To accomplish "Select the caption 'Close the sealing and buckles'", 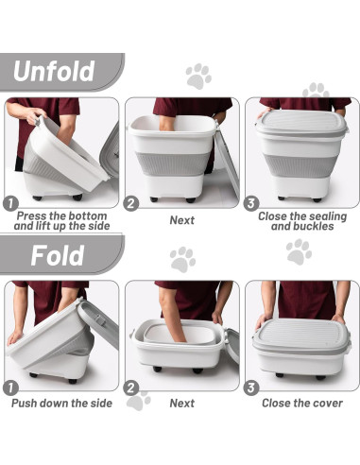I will coord(302,220).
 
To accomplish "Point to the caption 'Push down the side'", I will coord(62,403).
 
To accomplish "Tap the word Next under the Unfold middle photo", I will coord(182,220).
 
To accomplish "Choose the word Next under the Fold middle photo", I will coord(182,403).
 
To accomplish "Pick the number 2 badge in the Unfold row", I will coord(132,202).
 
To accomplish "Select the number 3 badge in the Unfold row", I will coord(251,202).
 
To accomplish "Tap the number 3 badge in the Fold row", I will coord(251,387).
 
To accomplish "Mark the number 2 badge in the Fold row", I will coord(132,387).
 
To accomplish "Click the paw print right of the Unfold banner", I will coord(198,75).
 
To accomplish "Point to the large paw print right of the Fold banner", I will coord(299,250).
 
